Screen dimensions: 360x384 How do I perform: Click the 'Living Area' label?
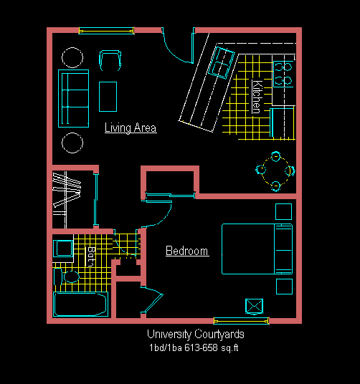(131, 128)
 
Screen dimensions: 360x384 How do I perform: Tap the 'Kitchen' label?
(257, 97)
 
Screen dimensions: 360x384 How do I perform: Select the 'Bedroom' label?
(187, 251)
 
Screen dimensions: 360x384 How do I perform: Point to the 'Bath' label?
(91, 256)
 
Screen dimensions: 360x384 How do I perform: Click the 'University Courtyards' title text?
(196, 335)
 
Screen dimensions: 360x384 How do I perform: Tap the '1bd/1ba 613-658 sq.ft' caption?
(194, 347)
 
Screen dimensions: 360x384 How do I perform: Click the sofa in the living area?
(74, 98)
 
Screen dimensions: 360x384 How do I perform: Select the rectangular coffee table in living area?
(108, 97)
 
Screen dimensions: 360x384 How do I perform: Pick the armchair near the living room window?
(110, 60)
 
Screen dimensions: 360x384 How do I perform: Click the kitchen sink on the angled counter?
(221, 63)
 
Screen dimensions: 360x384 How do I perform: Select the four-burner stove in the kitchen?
(283, 74)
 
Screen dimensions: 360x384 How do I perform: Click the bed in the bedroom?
(257, 249)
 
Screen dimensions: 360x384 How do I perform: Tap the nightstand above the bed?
(283, 211)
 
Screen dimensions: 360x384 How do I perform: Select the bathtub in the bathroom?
(80, 304)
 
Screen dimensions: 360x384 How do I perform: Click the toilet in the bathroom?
(67, 277)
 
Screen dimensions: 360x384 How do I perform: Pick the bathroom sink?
(63, 249)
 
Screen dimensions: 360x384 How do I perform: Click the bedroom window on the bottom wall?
(241, 321)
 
